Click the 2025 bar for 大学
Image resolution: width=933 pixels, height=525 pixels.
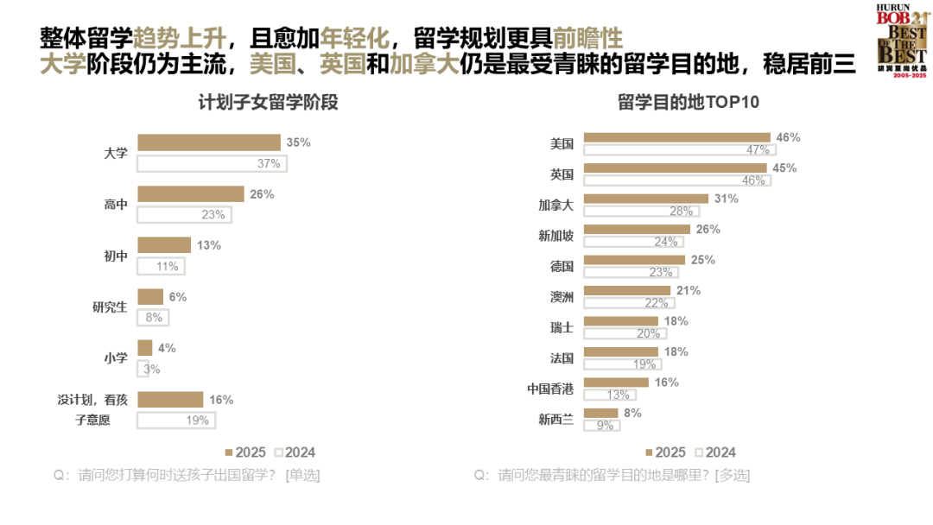point(209,142)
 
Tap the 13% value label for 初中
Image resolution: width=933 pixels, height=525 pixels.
point(209,245)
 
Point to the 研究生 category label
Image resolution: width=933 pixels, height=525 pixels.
point(110,307)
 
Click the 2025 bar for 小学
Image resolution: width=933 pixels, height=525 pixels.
point(145,348)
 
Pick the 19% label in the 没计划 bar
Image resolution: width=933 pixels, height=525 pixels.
point(198,421)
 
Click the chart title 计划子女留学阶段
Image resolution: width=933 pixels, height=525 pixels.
point(267,103)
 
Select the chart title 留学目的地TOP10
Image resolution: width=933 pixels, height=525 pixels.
point(688,103)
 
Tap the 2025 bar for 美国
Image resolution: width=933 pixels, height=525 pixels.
point(676,137)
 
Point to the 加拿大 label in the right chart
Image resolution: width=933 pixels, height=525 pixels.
point(555,206)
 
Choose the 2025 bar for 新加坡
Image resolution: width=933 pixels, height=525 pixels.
point(637,230)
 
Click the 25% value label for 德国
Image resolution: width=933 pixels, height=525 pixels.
point(701,260)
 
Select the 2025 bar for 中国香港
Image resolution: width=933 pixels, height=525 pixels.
point(616,383)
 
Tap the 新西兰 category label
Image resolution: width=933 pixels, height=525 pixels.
point(555,420)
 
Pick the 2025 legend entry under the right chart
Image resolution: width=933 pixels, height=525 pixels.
point(664,452)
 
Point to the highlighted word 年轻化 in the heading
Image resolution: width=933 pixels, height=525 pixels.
point(354,38)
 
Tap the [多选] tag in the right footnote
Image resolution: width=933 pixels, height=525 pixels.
point(732,475)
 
